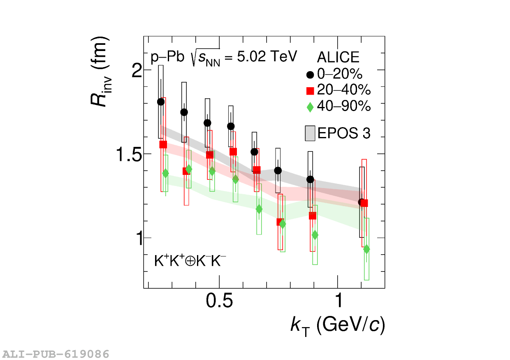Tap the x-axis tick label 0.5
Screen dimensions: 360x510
tap(219, 301)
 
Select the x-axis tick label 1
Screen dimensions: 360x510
tap(338, 301)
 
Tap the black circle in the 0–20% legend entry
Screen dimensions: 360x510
tap(310, 75)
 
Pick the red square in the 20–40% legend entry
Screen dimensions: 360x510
tap(310, 91)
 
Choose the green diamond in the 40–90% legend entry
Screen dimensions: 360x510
tap(310, 107)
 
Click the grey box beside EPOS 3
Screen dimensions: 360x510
tap(310, 133)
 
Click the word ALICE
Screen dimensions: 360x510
tap(338, 58)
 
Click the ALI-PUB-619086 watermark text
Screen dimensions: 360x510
tap(56, 354)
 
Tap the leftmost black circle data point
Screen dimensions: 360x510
tap(161, 102)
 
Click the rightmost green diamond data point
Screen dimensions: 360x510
tap(366, 249)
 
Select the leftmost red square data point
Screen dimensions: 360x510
tap(163, 144)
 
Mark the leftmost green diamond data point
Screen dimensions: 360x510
tap(165, 173)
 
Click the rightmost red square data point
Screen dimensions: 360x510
tap(364, 203)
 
